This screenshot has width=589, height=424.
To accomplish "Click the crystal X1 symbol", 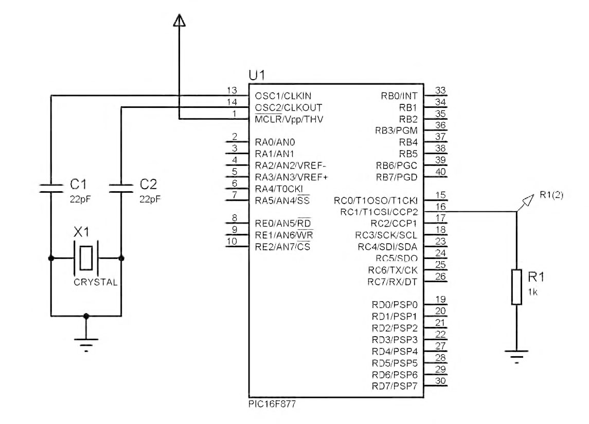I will (85, 258).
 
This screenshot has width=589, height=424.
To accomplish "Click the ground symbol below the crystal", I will (86, 343).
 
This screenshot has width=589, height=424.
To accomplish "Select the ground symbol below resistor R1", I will (516, 355).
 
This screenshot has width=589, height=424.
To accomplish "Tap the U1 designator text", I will (257, 75).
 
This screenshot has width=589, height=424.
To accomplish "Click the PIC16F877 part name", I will (272, 404).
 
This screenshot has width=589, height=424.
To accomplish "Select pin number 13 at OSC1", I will (232, 90).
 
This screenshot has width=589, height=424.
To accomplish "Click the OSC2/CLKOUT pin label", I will (288, 107).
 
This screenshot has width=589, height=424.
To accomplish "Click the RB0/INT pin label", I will (399, 96).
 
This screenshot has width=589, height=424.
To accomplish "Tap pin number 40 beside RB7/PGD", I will (440, 172).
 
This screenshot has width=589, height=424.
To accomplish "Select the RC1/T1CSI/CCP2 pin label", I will (379, 212).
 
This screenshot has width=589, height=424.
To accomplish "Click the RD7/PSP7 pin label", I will (395, 386).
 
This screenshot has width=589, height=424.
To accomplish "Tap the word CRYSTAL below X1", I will (95, 282).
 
